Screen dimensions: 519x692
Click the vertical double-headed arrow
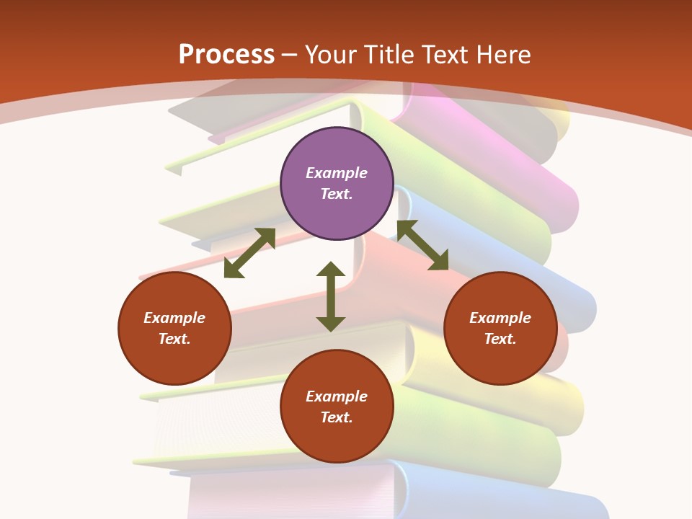(x=331, y=296)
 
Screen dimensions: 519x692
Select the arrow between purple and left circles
(x=249, y=253)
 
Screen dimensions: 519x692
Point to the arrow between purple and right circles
(x=422, y=245)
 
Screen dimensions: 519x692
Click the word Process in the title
(x=226, y=54)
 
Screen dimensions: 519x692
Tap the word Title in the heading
(x=389, y=54)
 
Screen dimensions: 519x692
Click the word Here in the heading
(x=505, y=54)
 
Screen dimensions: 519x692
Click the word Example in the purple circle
(x=337, y=173)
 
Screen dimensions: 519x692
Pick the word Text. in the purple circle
(x=337, y=194)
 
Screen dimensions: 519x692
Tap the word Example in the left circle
(x=174, y=318)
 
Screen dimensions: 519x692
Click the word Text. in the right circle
(x=500, y=339)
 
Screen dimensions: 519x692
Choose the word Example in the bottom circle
(x=337, y=396)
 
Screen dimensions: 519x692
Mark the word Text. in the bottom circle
(x=337, y=417)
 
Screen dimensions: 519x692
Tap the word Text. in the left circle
(x=174, y=339)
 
